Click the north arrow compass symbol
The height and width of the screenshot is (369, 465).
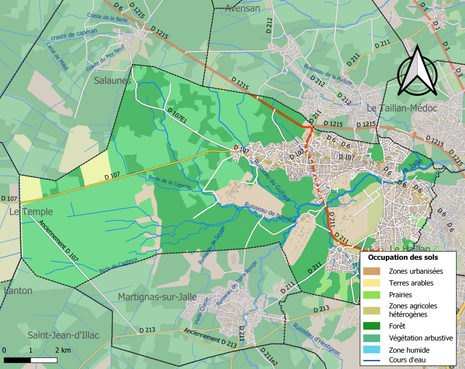417,73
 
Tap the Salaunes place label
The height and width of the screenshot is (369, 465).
113,81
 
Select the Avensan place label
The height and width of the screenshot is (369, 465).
242,8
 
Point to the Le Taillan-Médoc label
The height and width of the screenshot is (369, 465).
401,108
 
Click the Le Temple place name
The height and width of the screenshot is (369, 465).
31,212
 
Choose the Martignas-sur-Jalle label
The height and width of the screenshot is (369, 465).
157,297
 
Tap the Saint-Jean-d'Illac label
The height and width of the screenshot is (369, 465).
63,335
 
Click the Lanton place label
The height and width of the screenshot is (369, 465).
18,291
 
